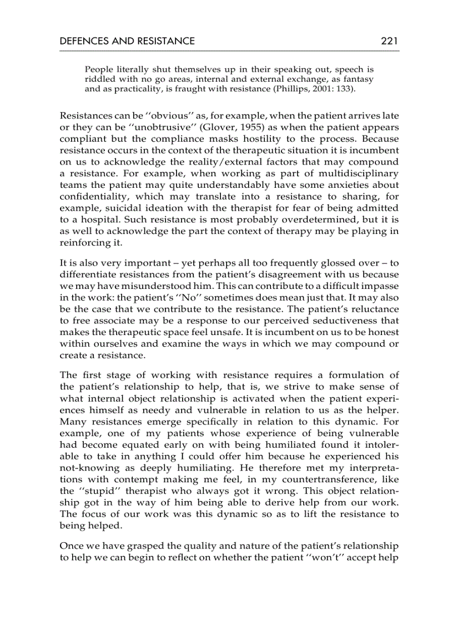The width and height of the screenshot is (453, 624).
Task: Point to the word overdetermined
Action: tap(274, 219)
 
